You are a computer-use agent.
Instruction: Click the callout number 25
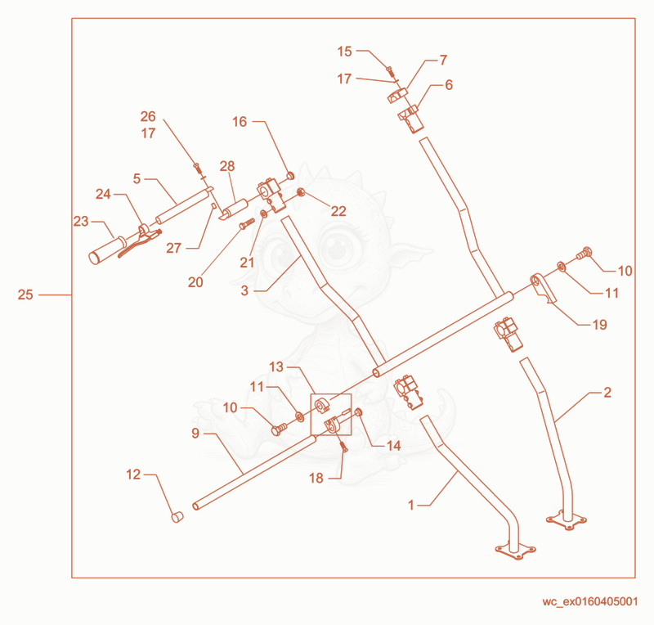tap(25, 295)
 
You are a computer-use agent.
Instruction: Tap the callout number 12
tap(133, 474)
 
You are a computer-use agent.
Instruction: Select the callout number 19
tap(600, 325)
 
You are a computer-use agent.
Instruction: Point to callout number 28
tap(227, 166)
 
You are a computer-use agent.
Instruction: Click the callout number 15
tap(344, 52)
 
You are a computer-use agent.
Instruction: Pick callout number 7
tap(443, 60)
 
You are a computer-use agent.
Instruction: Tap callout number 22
tap(338, 211)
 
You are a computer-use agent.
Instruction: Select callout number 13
tap(276, 367)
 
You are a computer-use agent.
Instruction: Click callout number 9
tap(195, 434)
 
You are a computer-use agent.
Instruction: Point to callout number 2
tap(607, 393)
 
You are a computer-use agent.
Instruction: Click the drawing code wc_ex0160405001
tap(589, 601)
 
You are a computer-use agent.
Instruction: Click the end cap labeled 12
tap(177, 517)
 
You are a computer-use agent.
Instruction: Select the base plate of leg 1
tap(516, 551)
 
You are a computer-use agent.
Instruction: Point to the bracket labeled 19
tap(543, 288)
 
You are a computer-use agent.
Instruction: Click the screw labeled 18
tap(343, 447)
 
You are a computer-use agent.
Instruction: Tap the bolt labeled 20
tap(247, 223)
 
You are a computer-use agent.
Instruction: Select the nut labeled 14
tap(358, 412)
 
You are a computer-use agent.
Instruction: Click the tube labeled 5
tap(182, 207)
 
